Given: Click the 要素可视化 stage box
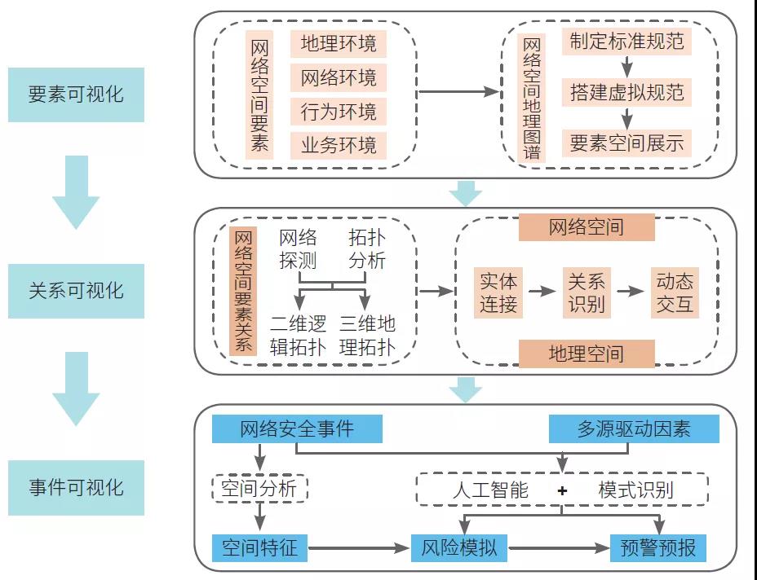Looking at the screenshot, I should point(76,94).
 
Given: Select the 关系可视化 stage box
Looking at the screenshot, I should point(76,291).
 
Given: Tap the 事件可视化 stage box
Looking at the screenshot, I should point(76,487).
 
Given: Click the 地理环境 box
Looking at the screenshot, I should point(339,44).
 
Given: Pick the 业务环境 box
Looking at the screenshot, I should point(339,146).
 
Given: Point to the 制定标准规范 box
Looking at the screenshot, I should point(626,41).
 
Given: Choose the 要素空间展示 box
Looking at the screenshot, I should point(626,143).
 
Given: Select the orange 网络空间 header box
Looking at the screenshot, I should point(587,226).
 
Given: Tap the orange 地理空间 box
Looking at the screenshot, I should point(587,353).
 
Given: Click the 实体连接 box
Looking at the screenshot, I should point(498,292).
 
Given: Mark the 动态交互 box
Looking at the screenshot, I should point(675,292).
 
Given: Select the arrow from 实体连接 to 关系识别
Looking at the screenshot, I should point(541,291).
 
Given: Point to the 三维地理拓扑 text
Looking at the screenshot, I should point(367,336).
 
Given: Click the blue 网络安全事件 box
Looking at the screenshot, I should point(296,428).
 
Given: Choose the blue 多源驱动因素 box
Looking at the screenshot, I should point(634,428).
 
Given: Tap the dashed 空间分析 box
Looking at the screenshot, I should point(259,489).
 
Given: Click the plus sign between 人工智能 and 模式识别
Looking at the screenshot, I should point(562,490).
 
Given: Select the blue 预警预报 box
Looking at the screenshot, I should point(657,547).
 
